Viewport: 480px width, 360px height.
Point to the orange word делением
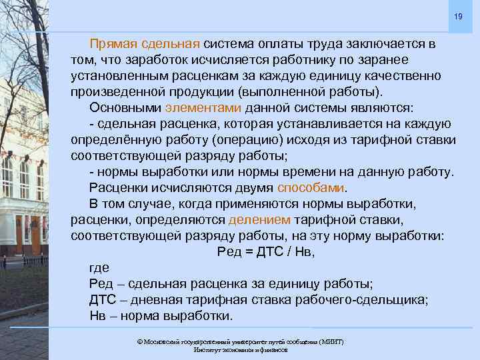pos(259,219)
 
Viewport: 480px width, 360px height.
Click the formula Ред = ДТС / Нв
pos(266,251)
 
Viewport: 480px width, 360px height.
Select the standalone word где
pos(99,267)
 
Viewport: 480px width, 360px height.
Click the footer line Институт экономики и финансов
pos(240,349)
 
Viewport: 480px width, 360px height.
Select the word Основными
pos(125,108)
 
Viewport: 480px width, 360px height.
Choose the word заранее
pos(397,60)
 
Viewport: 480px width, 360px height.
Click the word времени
pos(296,171)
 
